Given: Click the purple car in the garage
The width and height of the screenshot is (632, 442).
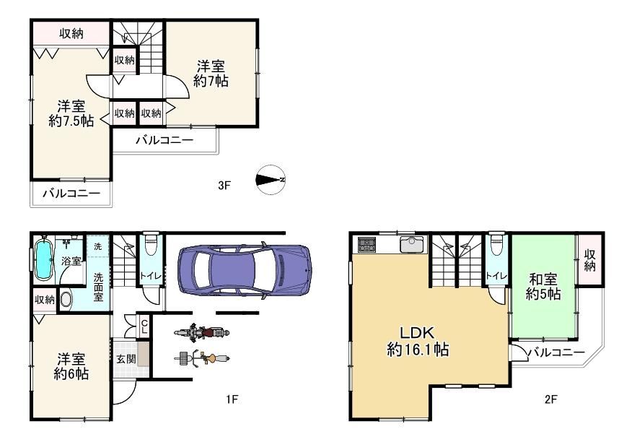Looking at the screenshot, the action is (245, 270).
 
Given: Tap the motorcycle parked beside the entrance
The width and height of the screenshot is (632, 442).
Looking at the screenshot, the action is (201, 332).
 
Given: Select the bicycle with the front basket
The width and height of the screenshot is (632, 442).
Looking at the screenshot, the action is (202, 358).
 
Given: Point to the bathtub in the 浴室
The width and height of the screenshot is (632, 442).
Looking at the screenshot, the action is (43, 259).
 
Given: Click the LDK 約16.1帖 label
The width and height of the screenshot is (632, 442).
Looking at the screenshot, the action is (417, 342).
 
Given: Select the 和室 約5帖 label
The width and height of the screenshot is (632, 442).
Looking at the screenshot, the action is (543, 287).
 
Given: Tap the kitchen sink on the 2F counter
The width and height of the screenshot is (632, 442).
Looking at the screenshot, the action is (411, 245).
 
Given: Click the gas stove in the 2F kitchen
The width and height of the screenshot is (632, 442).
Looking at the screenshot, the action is (367, 244).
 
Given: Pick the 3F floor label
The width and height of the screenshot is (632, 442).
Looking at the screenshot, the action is (224, 186).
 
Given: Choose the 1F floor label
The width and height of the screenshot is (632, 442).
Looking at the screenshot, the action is (232, 399).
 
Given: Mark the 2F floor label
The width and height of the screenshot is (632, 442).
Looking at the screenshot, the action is (550, 399).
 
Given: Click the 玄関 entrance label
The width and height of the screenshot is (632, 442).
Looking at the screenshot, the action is (126, 359).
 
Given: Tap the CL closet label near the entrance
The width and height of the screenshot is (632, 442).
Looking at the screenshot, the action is (144, 326).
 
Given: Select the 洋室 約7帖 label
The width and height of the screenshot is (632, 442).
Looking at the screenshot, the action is (211, 74).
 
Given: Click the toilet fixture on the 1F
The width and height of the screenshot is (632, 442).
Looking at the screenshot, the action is (152, 245).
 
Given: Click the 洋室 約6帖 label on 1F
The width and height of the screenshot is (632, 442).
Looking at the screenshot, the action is (71, 366).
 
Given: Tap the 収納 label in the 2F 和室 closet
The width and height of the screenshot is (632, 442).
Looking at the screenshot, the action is (589, 260).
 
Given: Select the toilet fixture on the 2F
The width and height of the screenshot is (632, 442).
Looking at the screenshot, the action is (496, 245).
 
